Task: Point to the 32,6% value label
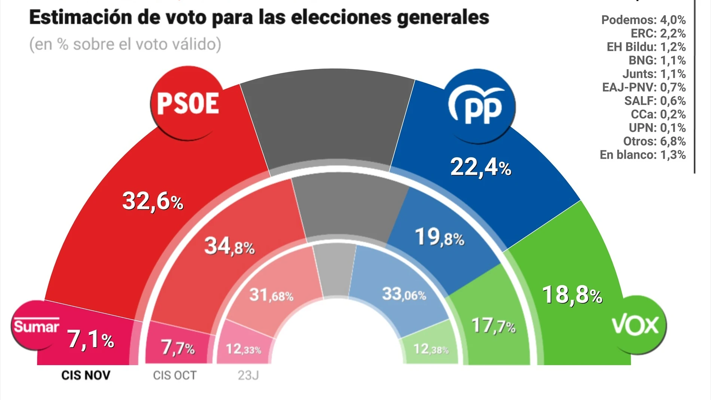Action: point(153,201)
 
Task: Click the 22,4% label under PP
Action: point(480,167)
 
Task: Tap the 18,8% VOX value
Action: point(572,295)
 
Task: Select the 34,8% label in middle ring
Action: point(229,247)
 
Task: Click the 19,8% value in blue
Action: point(439,238)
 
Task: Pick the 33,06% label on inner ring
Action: point(404,294)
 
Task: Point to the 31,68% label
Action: point(271,295)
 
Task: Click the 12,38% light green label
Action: point(431,349)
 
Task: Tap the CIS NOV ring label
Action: point(86,375)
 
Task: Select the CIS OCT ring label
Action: point(174,375)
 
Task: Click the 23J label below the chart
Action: point(248,375)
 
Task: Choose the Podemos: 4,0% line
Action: point(643,20)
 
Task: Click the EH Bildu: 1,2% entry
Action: point(646,47)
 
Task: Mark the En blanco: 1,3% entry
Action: point(643,155)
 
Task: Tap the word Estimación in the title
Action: point(80,17)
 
